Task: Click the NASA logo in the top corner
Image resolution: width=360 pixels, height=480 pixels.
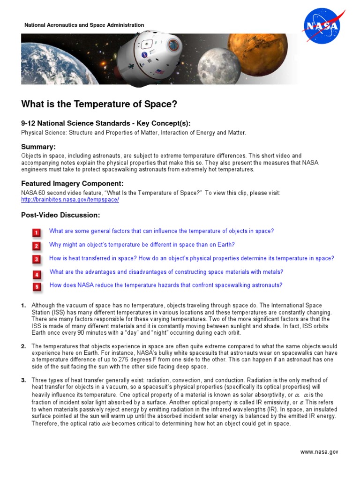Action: pos(321,26)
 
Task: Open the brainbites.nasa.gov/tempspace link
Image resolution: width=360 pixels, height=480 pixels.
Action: pos(70,200)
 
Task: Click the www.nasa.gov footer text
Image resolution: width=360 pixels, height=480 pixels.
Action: pos(319,452)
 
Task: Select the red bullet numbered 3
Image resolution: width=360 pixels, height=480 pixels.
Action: pos(37,259)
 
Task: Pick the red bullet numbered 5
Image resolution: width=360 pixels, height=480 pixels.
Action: pos(37,286)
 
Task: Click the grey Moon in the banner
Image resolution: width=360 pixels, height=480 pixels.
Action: pos(216,61)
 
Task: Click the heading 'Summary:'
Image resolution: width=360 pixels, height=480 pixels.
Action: pos(38,147)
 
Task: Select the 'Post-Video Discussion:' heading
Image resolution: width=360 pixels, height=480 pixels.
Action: pos(60,215)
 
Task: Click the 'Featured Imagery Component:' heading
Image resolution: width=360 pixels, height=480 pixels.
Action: pos(72,184)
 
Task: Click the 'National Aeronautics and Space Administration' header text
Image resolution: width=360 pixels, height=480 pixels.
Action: pos(84,25)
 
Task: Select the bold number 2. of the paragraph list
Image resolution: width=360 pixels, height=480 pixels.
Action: pos(23,346)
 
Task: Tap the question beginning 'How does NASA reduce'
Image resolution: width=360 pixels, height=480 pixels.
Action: pos(166,285)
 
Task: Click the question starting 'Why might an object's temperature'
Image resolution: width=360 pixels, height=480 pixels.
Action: pos(142,245)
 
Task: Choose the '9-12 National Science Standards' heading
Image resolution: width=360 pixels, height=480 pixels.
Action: pos(106,124)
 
